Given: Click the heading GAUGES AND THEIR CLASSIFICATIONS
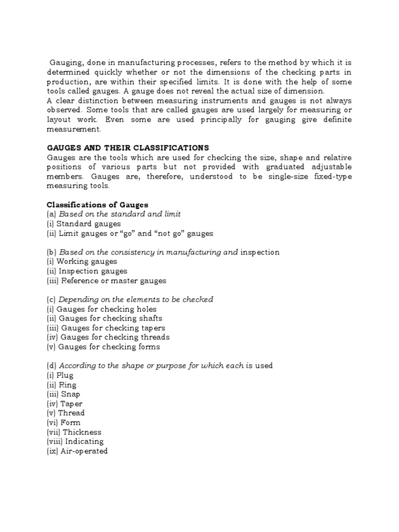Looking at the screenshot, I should pyautogui.click(x=128, y=148).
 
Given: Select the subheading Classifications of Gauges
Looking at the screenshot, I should pyautogui.click(x=97, y=205).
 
